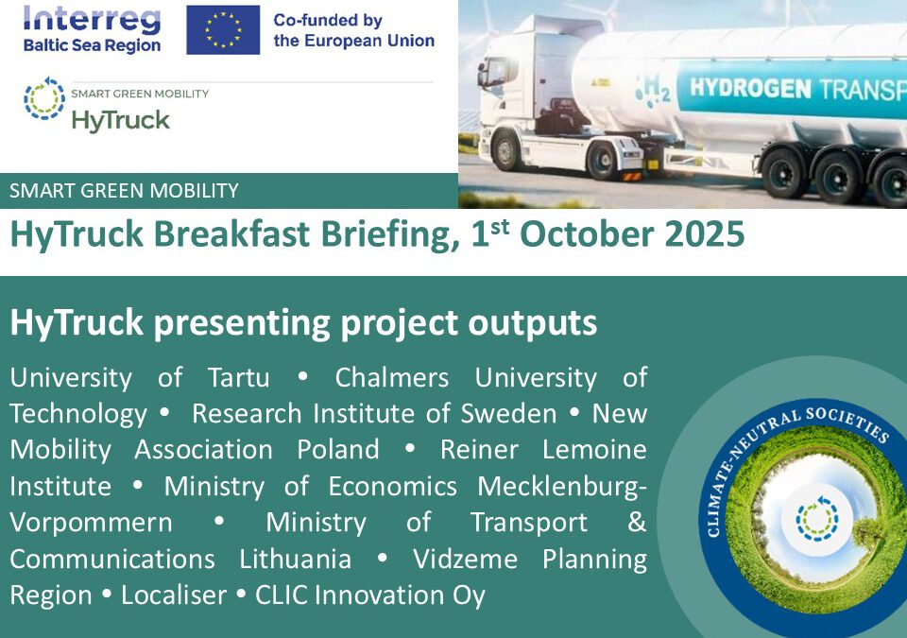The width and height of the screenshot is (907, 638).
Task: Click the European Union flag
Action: coord(223,29)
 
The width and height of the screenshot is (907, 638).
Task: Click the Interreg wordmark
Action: coord(92,18)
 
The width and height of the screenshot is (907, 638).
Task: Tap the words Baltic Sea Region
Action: coord(92,45)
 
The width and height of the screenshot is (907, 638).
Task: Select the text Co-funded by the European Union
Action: coord(353,30)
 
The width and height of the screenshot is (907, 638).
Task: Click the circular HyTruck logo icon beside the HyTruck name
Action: coord(44,99)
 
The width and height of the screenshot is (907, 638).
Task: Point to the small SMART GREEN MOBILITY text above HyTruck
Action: coord(140,94)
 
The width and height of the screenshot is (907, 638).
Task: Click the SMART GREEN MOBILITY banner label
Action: coord(124,191)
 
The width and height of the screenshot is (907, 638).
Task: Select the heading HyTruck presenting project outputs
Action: coord(303,323)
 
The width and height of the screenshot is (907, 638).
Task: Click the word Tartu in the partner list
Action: coord(238,377)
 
